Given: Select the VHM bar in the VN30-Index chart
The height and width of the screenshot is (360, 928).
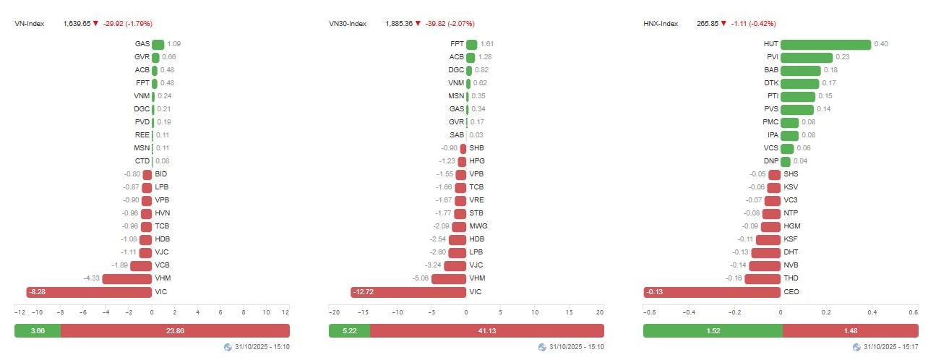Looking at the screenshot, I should pos(448,279).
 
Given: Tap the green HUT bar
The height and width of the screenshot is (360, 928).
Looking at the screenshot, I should pos(825,44).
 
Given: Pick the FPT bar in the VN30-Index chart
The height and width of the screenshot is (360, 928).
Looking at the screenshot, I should pos(472,44).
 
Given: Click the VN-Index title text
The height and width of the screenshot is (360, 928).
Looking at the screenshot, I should pos(30,24).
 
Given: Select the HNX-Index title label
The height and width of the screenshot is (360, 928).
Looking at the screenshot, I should pos(661,24).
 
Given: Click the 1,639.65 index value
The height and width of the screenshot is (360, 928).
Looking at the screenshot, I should pos(77,24).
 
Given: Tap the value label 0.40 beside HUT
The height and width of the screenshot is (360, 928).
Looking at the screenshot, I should pos(881,44).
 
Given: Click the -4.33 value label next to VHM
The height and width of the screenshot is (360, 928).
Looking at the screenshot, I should pos(92,279).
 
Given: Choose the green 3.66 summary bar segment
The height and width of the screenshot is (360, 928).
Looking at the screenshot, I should pos(38,330).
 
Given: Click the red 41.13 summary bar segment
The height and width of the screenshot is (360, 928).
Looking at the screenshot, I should pos(486,330).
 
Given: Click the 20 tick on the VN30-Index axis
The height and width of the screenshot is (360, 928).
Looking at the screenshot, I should pos(600,312).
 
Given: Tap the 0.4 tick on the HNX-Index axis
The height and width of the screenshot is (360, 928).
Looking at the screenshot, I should pos(872,312).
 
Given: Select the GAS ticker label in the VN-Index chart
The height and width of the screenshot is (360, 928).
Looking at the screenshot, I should pos(142,44).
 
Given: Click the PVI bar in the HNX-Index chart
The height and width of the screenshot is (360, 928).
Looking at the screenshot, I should pos(807,57).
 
